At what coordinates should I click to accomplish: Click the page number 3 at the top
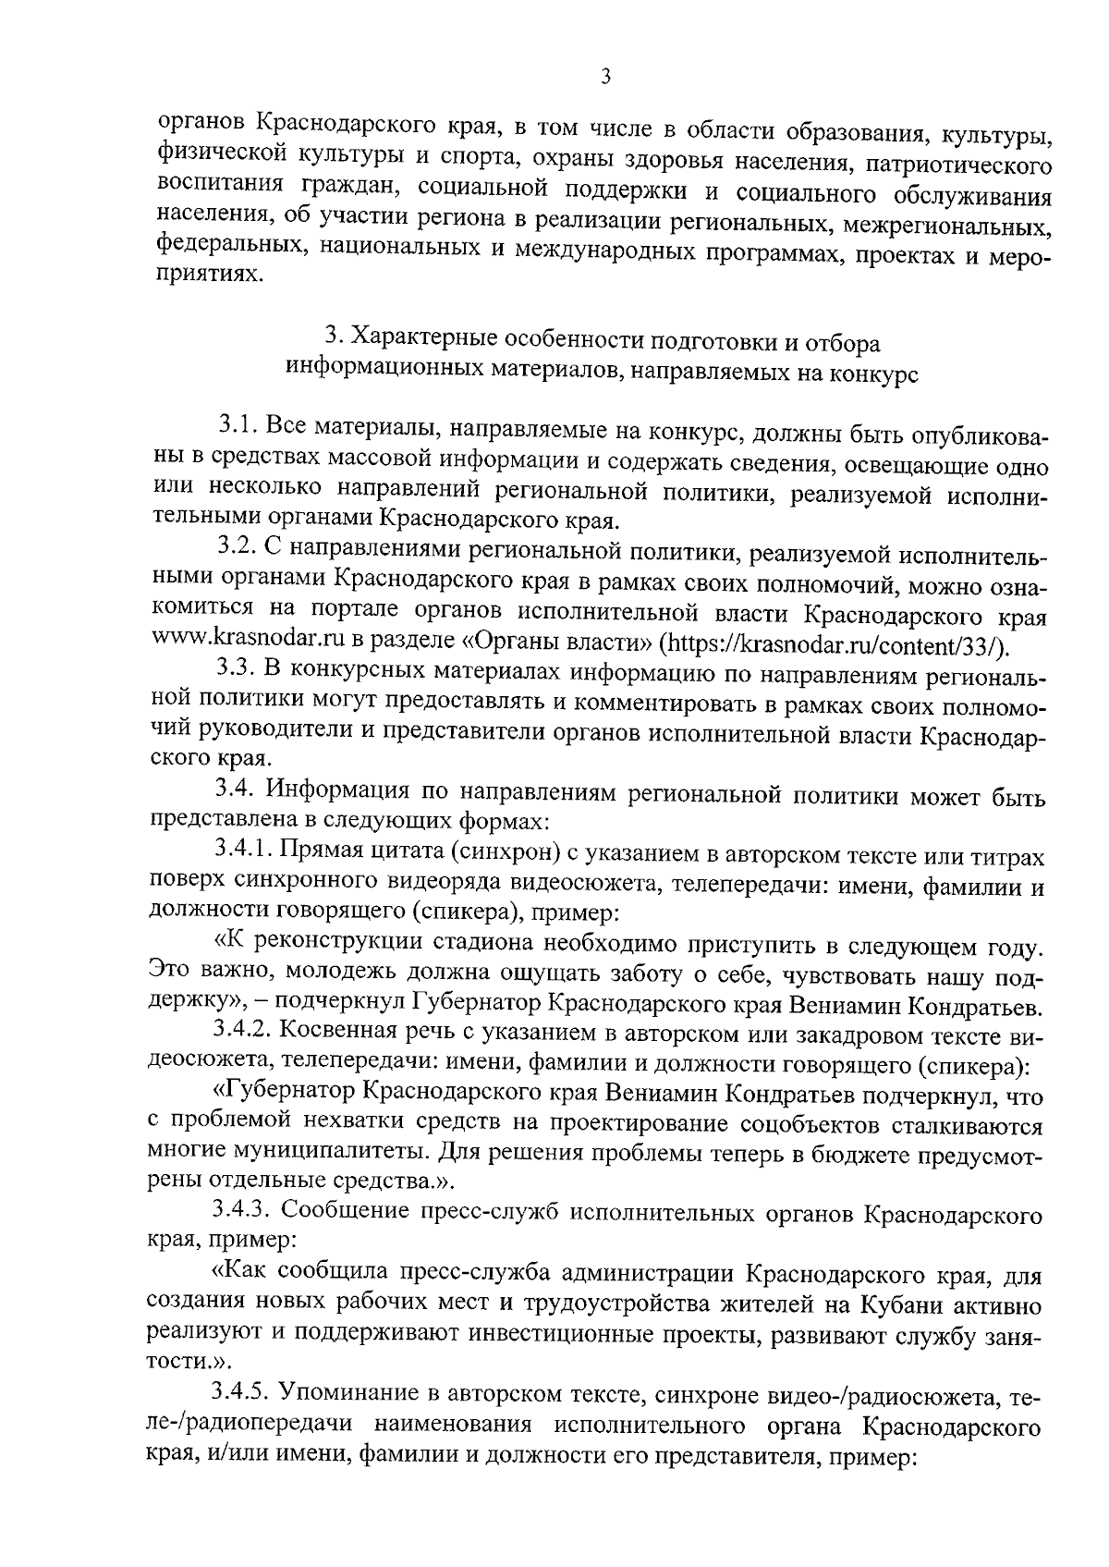(605, 78)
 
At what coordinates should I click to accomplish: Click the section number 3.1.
(238, 427)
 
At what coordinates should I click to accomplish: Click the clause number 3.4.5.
(244, 1389)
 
